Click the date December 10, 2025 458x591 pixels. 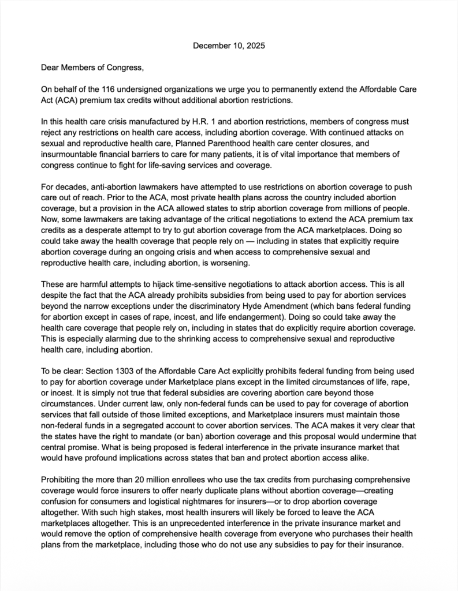click(x=229, y=45)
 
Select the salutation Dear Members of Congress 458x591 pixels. click(x=92, y=68)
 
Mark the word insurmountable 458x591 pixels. click(x=69, y=155)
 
